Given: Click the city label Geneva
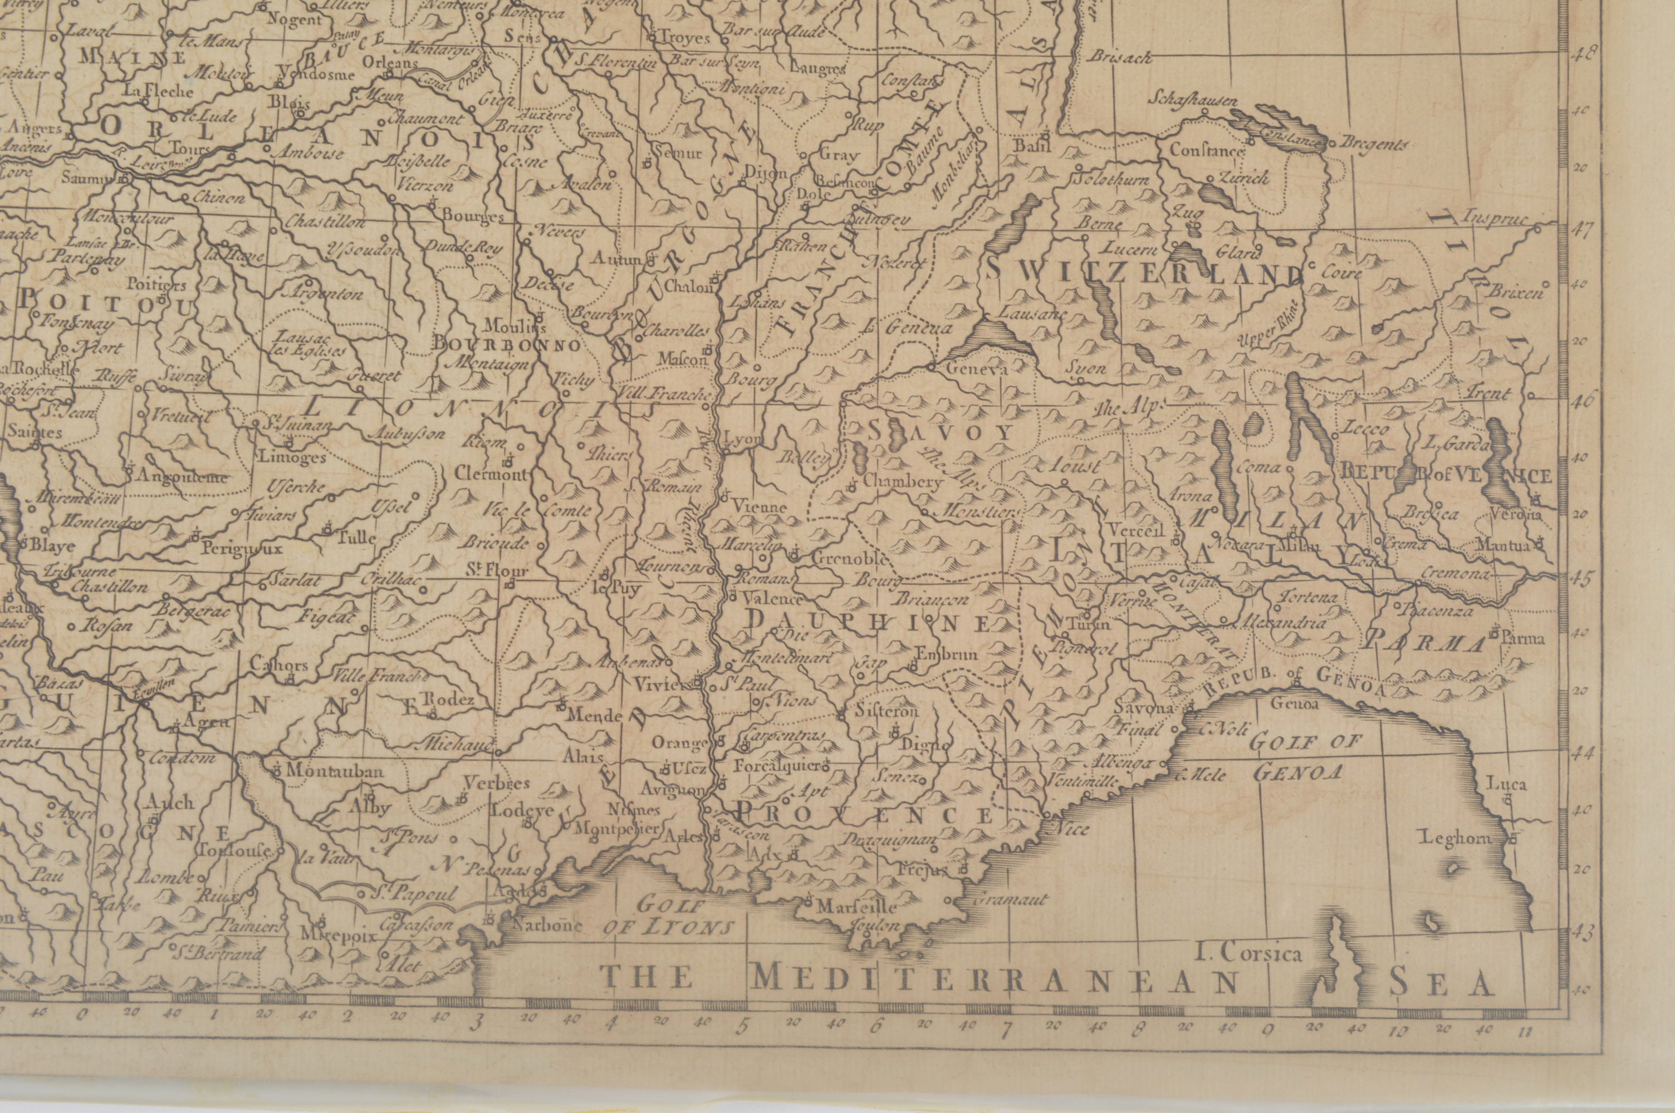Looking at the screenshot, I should pos(978,370).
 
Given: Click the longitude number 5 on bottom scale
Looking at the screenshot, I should pos(744,1046).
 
